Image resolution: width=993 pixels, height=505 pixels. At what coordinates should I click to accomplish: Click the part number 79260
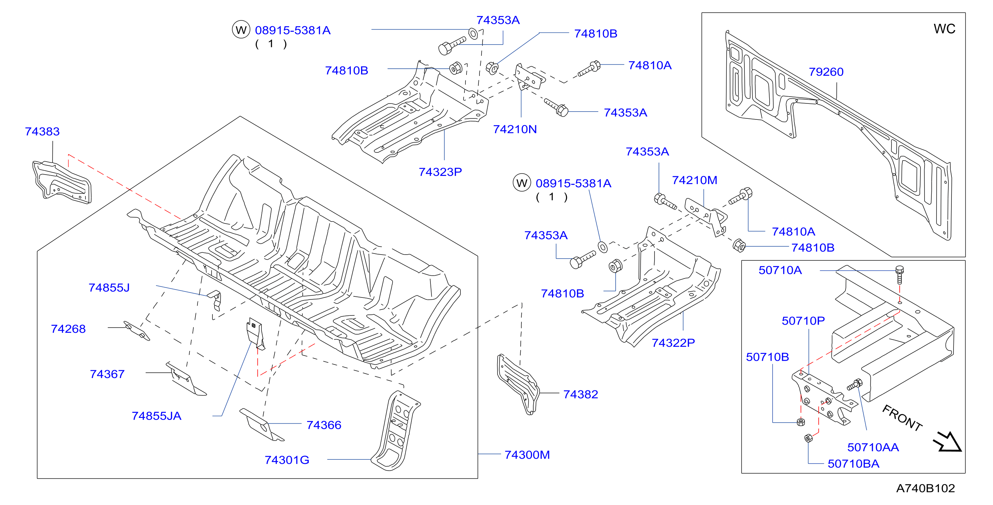(x=826, y=72)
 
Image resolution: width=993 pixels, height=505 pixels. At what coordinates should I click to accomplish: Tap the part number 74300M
(x=527, y=455)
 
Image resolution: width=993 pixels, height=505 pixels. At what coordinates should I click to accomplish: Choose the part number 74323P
(x=440, y=172)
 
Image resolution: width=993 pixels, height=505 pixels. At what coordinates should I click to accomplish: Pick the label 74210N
(x=515, y=129)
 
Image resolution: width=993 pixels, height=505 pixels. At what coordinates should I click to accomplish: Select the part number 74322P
(x=673, y=342)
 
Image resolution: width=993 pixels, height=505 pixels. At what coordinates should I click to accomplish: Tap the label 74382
(x=581, y=394)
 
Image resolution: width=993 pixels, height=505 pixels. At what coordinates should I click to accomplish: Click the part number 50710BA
(x=853, y=463)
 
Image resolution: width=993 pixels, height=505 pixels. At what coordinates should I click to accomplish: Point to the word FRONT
(x=902, y=418)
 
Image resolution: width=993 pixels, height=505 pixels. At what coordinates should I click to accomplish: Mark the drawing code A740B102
(x=925, y=488)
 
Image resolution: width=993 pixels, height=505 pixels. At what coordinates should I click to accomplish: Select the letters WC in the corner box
(x=944, y=29)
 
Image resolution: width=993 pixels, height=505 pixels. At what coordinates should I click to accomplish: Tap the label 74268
(x=68, y=329)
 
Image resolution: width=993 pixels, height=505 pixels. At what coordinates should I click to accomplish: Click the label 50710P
(x=803, y=321)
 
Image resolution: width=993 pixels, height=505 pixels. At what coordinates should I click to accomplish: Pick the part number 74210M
(x=694, y=180)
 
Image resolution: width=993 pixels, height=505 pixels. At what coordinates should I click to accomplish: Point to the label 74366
(x=324, y=425)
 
